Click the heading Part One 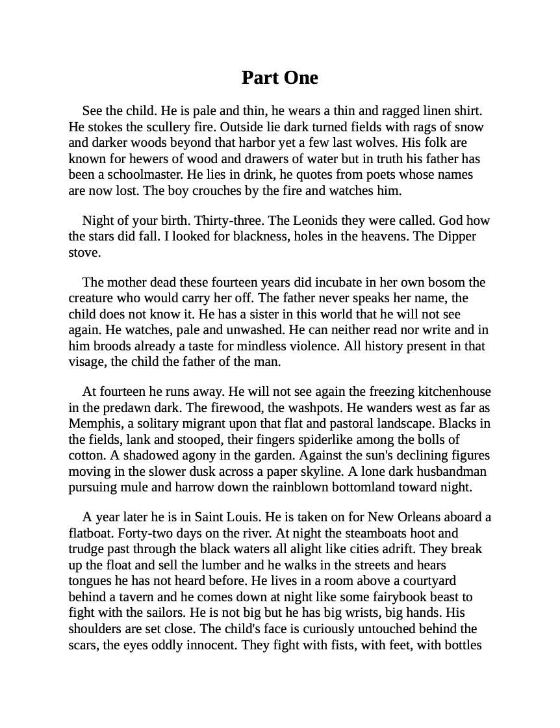click(279, 77)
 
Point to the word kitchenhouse click(454, 391)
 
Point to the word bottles click(461, 645)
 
